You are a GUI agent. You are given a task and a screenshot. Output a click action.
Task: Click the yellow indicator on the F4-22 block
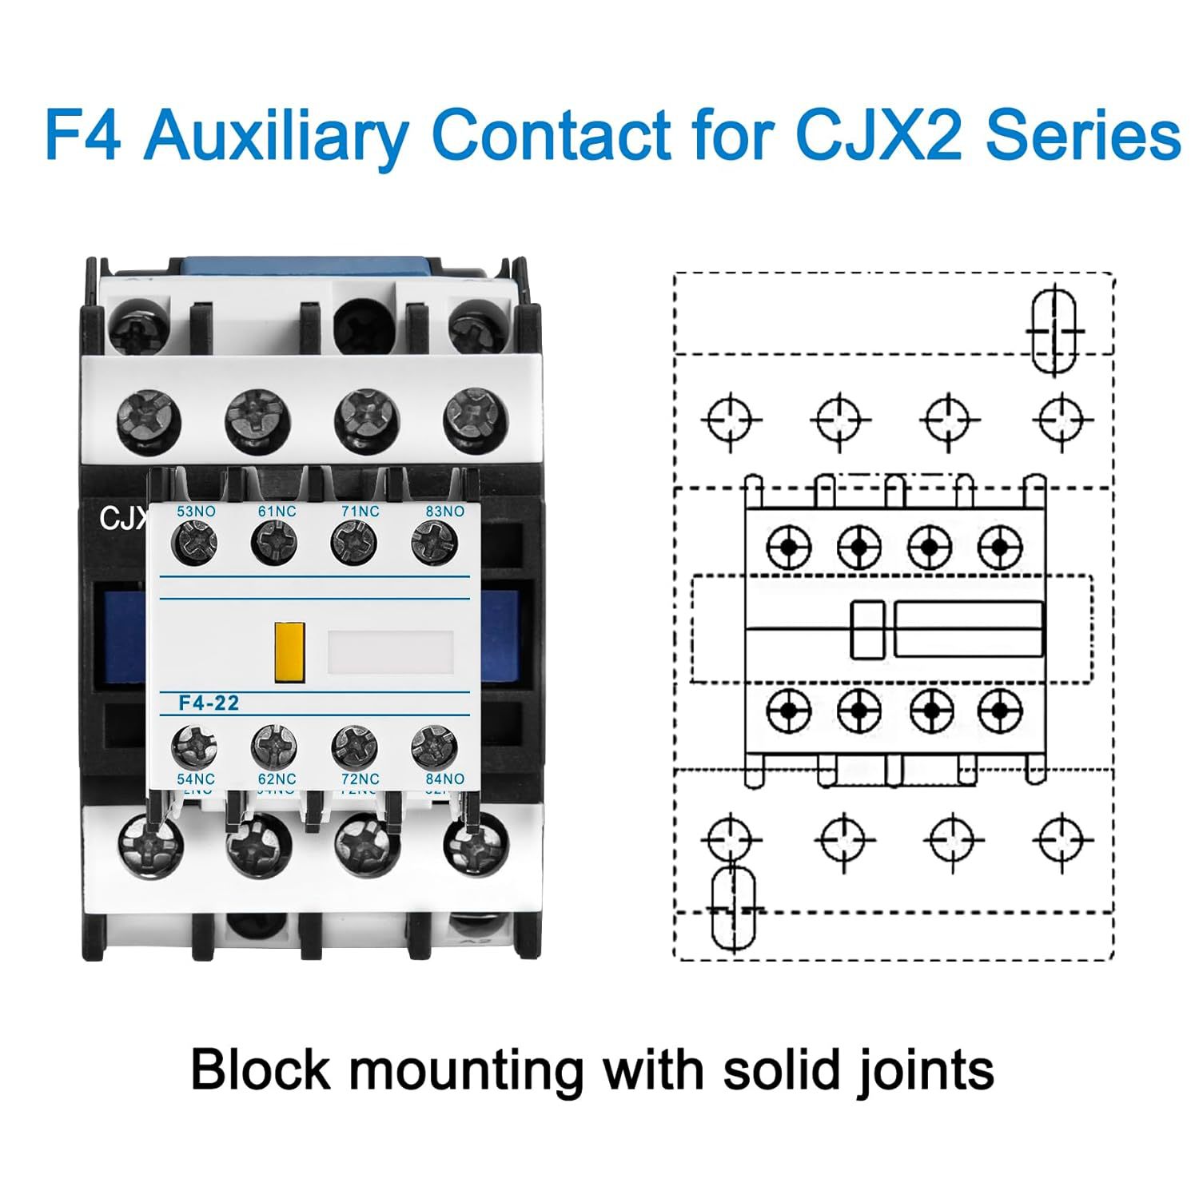290,653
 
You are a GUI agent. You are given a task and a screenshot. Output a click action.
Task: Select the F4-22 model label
209,703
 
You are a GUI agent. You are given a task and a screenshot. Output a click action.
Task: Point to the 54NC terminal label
196,779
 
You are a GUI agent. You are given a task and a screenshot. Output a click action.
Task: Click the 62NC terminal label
277,779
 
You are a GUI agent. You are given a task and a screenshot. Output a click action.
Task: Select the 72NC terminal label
357,779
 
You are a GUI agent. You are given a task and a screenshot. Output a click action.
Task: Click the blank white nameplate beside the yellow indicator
391,651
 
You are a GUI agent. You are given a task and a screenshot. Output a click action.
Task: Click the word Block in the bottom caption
261,1070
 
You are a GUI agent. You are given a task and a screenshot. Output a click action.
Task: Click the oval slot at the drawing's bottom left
733,909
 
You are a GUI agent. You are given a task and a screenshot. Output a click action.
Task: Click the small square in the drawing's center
866,630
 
